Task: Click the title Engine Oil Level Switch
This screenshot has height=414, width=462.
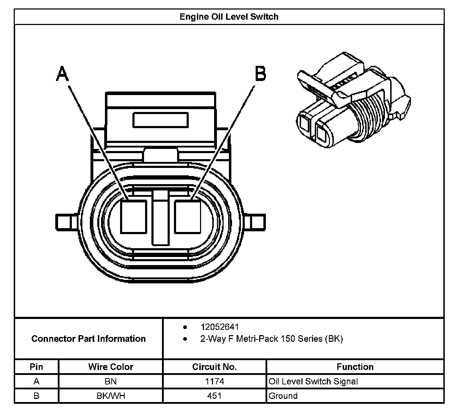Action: tap(229, 17)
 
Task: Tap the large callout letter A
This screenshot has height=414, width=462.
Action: tap(62, 74)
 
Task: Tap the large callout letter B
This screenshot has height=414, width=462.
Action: tap(260, 74)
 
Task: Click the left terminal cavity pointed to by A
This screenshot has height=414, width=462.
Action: tap(133, 217)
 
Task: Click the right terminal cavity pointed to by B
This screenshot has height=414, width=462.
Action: tap(187, 217)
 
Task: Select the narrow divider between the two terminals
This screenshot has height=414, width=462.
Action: tap(161, 218)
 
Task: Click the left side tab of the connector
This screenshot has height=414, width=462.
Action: tap(67, 222)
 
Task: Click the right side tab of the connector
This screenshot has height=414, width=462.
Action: tap(255, 222)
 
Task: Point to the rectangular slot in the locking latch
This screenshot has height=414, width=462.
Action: tap(161, 120)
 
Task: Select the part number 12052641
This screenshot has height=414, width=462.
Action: tap(220, 327)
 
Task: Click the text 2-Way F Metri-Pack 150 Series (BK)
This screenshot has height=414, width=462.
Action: tap(271, 339)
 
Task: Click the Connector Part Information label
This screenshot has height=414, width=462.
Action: tap(88, 339)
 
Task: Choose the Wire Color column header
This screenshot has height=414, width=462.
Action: tap(111, 367)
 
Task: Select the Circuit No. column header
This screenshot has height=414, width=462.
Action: tap(214, 367)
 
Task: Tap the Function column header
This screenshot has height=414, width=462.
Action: tap(355, 367)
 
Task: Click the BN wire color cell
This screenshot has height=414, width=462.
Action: tap(111, 381)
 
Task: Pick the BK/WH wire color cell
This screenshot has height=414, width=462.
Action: tap(111, 396)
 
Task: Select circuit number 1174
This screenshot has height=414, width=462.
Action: tap(214, 381)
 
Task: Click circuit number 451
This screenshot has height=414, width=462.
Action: tap(214, 396)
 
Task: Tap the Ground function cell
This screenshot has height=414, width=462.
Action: tap(283, 396)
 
